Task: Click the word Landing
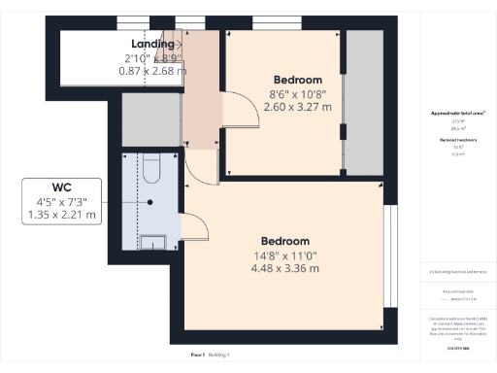[152, 44]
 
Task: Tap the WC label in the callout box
[63, 186]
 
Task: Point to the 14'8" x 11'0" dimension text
[284, 256]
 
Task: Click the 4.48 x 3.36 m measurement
[284, 270]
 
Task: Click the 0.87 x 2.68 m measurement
[152, 71]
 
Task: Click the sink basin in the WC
[153, 242]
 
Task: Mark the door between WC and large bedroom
[195, 228]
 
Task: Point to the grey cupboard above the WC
[151, 120]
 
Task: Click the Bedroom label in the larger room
[284, 241]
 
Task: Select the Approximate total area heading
[457, 114]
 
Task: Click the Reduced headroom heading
[457, 140]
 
